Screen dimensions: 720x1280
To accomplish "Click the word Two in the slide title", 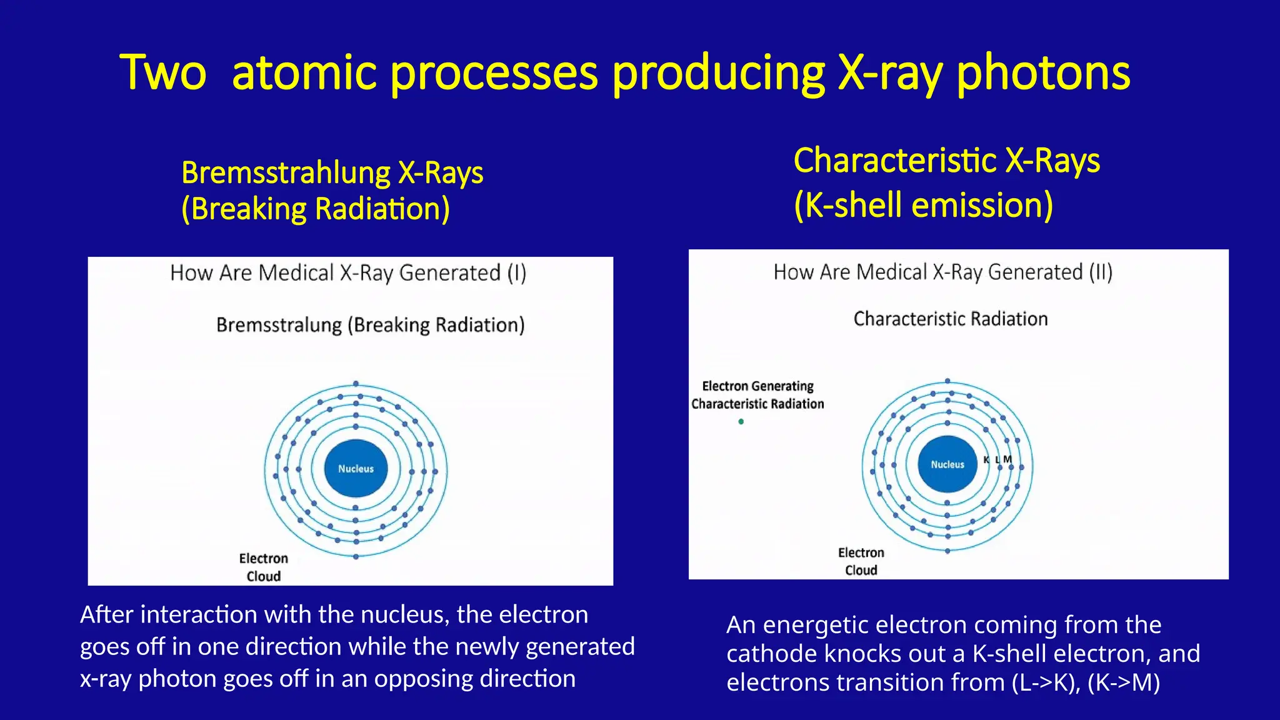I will click(162, 73).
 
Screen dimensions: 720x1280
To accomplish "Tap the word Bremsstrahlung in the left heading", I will click(285, 172).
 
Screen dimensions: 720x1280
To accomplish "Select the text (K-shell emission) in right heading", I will click(923, 205).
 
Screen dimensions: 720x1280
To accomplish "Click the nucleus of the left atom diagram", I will click(356, 469).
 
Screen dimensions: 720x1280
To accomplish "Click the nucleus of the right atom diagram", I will click(947, 464).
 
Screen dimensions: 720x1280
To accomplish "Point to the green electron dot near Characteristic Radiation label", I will click(741, 422).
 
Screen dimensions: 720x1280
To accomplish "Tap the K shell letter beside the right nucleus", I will click(986, 459).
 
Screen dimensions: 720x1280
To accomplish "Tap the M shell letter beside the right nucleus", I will click(1007, 459).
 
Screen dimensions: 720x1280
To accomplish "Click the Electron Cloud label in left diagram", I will click(263, 567).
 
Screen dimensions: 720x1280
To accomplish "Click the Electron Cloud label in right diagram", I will click(861, 561).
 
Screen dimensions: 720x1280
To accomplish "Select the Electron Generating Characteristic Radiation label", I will click(757, 395).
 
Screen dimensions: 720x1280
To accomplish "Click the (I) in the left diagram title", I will click(517, 273).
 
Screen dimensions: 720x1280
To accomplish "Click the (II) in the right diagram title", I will click(1101, 272).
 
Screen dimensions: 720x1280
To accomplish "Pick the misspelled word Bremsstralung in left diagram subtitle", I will click(279, 325).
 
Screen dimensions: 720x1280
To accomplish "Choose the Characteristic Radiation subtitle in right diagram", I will click(950, 319).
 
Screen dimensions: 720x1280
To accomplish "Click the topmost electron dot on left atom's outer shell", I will click(356, 384).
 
